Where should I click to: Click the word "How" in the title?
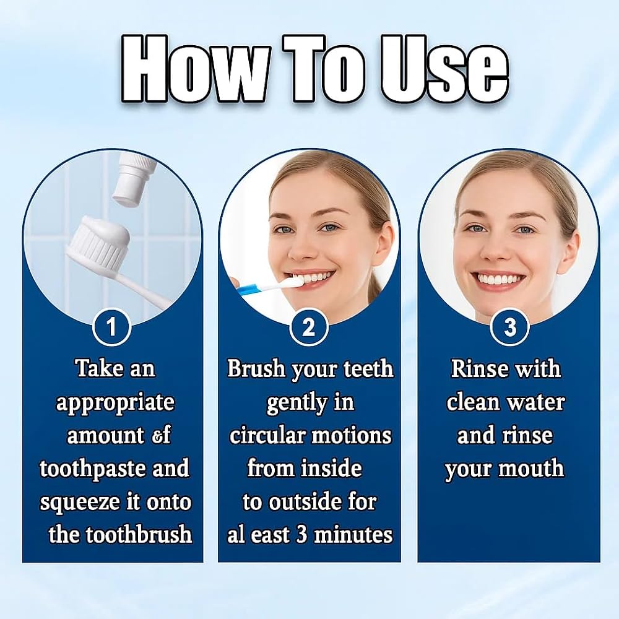[196, 69]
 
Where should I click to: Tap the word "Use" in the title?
[444, 69]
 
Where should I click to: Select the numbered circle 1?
[111, 327]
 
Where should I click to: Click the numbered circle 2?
[309, 327]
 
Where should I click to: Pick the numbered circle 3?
[509, 327]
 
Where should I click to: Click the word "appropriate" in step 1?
[115, 404]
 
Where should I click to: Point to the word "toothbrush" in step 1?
[139, 535]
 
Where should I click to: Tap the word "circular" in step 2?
[267, 436]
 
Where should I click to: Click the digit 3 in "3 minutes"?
[301, 535]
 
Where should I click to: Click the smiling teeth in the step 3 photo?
[498, 279]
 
